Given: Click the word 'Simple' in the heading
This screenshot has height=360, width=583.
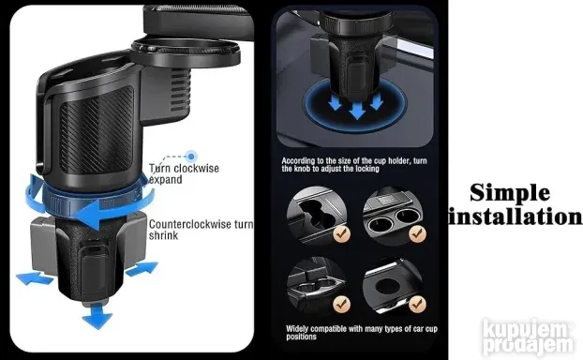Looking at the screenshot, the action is pyautogui.click(x=510, y=193).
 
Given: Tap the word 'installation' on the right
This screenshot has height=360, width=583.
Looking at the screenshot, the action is pyautogui.click(x=515, y=217).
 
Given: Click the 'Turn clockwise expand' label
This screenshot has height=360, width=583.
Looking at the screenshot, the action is pyautogui.click(x=184, y=173).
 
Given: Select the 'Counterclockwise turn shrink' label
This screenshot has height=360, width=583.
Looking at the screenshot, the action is pyautogui.click(x=201, y=230).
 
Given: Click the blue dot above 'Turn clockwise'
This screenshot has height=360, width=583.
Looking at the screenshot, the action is pyautogui.click(x=191, y=157).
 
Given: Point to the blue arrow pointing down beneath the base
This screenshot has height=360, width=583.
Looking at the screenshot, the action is pyautogui.click(x=97, y=316).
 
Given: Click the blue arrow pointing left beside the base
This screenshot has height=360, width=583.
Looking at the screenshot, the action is pyautogui.click(x=35, y=278).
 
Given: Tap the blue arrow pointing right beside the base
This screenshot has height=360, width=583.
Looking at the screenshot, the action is pyautogui.click(x=142, y=268).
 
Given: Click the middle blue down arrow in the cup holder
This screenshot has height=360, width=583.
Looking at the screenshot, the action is pyautogui.click(x=358, y=111).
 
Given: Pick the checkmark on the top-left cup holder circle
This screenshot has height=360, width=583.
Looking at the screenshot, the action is pyautogui.click(x=342, y=234).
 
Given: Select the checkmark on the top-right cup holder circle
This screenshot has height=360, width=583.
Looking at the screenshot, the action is pyautogui.click(x=417, y=233).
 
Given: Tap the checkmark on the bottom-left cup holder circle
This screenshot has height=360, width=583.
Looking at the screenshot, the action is pyautogui.click(x=342, y=304).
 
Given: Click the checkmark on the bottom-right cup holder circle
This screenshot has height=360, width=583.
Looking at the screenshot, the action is pyautogui.click(x=417, y=304).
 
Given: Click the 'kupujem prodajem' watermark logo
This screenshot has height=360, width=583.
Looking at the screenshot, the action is pyautogui.click(x=527, y=337).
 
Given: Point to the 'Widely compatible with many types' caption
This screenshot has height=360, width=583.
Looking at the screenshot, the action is pyautogui.click(x=362, y=333).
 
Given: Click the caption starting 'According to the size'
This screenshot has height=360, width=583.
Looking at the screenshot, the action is pyautogui.click(x=354, y=165).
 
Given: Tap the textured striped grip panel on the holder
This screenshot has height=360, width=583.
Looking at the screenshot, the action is pyautogui.click(x=97, y=130).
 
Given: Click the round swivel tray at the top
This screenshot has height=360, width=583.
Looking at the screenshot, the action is pyautogui.click(x=185, y=53).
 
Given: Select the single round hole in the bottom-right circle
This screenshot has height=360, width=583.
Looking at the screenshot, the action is pyautogui.click(x=389, y=286).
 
